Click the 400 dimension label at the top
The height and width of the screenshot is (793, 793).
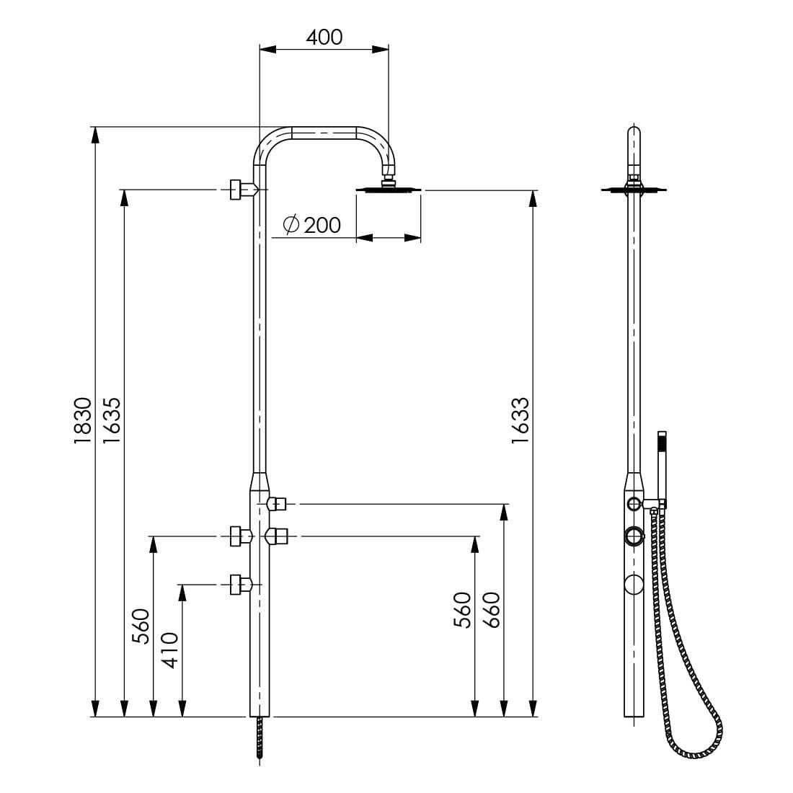point(324,37)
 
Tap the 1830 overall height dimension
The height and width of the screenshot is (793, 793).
point(83,421)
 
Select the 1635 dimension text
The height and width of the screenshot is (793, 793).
point(112,421)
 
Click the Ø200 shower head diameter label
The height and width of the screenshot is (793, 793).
point(312,224)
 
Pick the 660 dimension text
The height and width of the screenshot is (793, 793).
point(491,610)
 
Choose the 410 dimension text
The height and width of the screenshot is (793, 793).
point(170,650)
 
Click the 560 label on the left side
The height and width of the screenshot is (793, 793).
point(141,626)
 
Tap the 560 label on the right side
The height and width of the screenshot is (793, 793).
point(462,610)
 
